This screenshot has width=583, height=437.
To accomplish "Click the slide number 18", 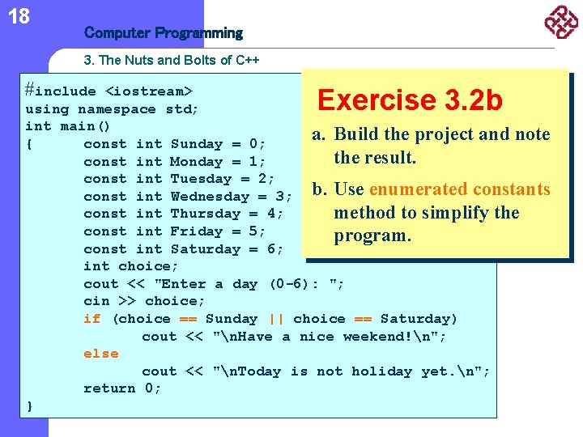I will [19, 15].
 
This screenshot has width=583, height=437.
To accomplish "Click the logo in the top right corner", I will [561, 22].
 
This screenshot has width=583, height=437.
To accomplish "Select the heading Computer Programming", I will [163, 33].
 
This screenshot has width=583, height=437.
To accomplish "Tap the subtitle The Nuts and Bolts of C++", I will [172, 61].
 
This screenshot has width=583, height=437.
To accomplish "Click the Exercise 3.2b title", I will [410, 100].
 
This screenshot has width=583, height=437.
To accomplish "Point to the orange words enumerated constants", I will [459, 189].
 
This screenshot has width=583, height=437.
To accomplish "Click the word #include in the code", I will [60, 91].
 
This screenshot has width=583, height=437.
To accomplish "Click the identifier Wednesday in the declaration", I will [210, 197].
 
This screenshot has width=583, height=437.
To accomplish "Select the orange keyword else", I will [100, 354].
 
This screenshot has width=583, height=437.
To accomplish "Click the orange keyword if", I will [91, 319].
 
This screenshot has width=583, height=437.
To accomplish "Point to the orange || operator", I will [275, 319].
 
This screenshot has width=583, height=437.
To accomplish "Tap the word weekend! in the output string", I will [373, 337].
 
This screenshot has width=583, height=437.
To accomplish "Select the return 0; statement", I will [122, 388].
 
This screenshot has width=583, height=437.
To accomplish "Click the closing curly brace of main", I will [30, 405].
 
